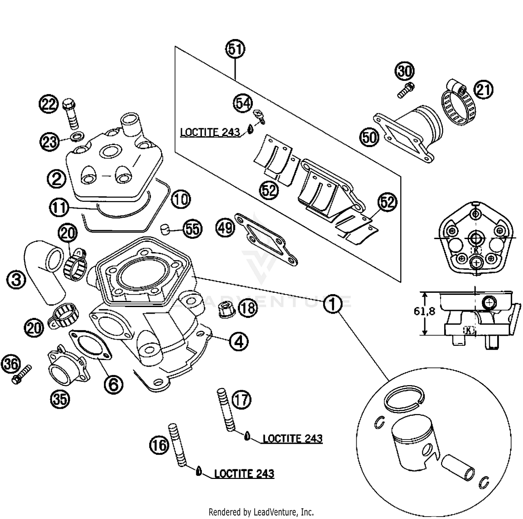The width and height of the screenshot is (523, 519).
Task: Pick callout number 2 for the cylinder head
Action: (x=56, y=178)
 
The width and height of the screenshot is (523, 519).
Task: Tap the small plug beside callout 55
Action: (x=165, y=230)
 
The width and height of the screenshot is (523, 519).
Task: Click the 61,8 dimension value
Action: (x=424, y=311)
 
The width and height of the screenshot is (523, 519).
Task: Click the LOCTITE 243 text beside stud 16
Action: (x=244, y=474)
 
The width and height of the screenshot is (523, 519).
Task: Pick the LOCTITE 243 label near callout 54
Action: (x=210, y=132)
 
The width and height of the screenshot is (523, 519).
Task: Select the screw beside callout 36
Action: (x=21, y=374)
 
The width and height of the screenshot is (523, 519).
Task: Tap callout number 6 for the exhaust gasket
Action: (x=114, y=384)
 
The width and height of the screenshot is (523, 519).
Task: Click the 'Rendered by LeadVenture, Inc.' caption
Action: (x=261, y=512)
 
